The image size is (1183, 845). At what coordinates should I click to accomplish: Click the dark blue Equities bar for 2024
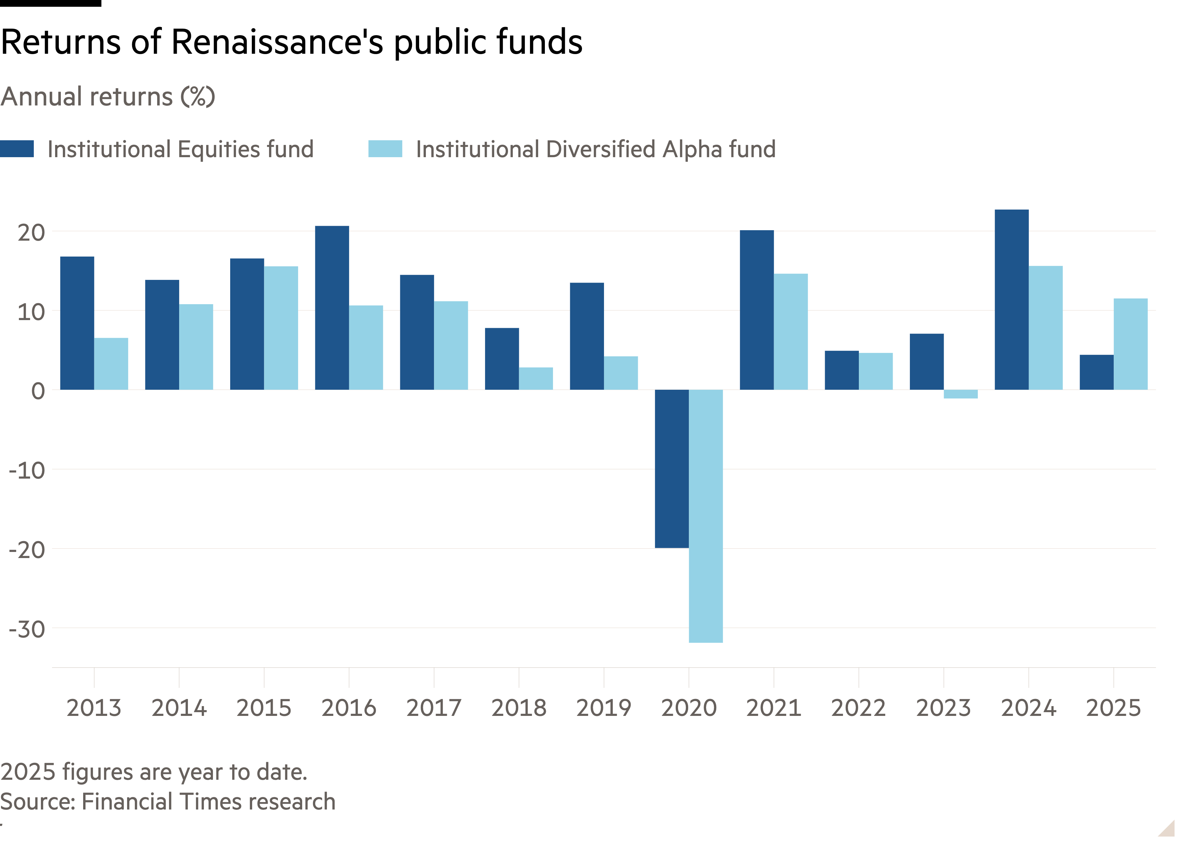point(1011,300)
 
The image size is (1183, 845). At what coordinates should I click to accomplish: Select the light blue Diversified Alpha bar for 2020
point(705,516)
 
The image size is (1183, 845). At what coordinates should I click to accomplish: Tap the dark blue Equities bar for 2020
point(672,469)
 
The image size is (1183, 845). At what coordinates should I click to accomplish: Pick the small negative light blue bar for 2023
point(960,394)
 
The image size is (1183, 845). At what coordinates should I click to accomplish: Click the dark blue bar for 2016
point(332,308)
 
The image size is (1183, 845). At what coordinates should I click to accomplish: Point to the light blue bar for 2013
point(111,364)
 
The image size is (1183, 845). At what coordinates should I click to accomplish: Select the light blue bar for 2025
point(1131,344)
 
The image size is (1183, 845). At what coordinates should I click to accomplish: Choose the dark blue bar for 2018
point(502,359)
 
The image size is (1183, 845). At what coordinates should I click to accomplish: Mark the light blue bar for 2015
point(281,328)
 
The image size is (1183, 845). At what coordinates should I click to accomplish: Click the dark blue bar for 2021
point(756,310)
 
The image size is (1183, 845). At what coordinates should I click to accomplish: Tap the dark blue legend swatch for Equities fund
point(17,149)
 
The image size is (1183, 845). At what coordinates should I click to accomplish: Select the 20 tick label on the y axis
point(31,233)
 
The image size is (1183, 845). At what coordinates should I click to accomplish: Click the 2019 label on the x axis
point(603,708)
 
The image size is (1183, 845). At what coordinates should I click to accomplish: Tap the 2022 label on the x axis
point(859,708)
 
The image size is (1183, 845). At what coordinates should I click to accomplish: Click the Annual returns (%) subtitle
point(108,97)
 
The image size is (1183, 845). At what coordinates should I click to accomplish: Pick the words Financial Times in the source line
point(162,802)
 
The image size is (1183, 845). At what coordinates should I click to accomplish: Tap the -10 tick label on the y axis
point(27,471)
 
